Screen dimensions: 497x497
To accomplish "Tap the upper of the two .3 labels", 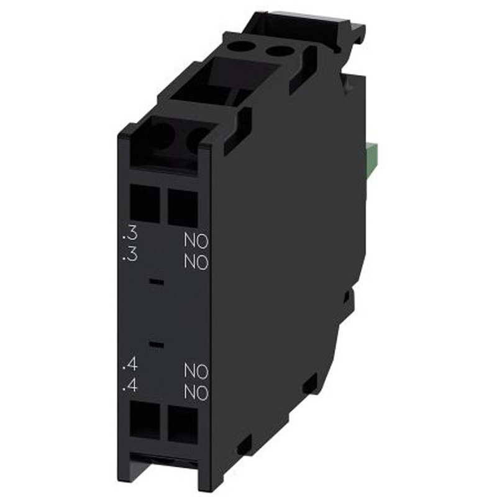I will click(130, 236).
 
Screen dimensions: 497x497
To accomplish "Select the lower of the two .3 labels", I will click(130, 255).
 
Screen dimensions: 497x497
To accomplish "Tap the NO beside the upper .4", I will click(196, 372).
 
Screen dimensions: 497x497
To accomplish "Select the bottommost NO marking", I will click(196, 393).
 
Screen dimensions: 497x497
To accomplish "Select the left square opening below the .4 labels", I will click(144, 422).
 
